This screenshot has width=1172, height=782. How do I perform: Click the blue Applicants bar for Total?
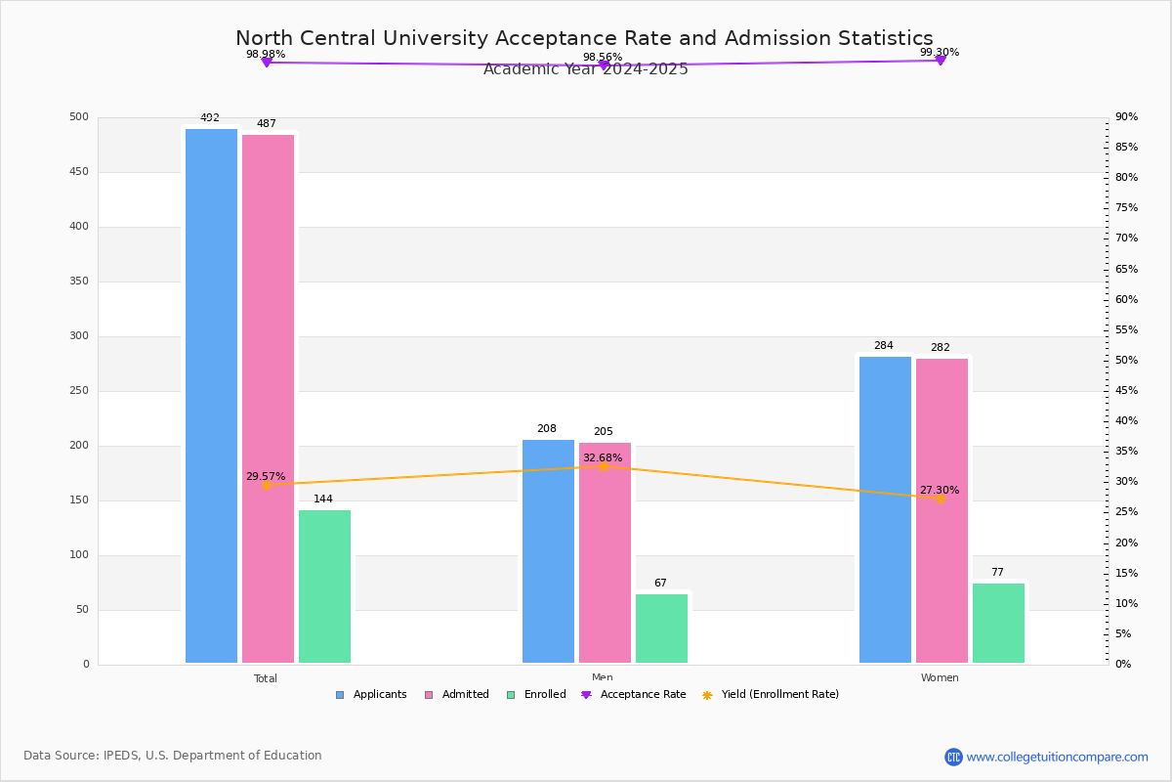[211, 396]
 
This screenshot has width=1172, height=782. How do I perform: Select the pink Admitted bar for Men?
[605, 553]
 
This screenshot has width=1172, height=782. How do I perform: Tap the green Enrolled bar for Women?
[998, 624]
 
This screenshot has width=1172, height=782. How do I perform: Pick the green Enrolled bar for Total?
[324, 586]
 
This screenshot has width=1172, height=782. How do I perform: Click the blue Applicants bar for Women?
[885, 509]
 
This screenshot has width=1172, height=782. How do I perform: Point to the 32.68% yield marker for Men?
[604, 466]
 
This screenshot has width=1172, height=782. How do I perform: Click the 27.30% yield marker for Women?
[941, 500]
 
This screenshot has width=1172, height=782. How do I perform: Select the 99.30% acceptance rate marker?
[941, 61]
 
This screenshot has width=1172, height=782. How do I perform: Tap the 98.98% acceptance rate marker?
[267, 63]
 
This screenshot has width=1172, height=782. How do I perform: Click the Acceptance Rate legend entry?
[634, 695]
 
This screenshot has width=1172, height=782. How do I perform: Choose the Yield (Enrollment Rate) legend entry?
[771, 695]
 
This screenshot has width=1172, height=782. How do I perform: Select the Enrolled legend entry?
[537, 695]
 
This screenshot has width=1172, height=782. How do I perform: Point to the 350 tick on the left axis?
[79, 282]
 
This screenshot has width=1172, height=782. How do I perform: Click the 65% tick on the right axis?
[1126, 269]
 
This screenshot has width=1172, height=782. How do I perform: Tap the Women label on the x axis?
[940, 677]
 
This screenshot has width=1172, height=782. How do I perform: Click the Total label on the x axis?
[266, 678]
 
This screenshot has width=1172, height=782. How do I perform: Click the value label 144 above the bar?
[323, 499]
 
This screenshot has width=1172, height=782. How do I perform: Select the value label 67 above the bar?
[660, 583]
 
